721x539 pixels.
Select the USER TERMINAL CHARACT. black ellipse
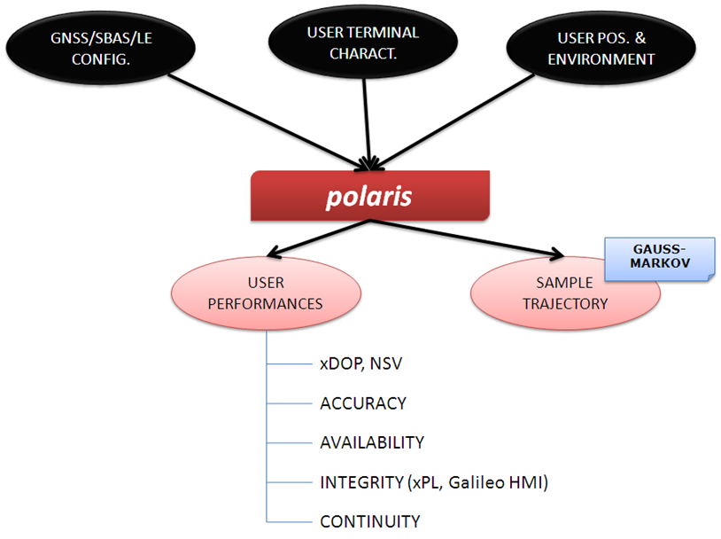[x=362, y=43]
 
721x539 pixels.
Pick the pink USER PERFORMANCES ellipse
[x=266, y=293]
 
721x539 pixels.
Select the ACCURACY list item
[x=363, y=403]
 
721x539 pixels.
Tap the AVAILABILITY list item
[x=372, y=442]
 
